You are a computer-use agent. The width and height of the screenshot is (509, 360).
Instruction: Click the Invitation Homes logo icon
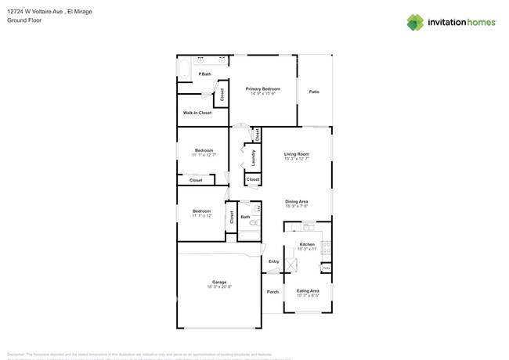[414, 23]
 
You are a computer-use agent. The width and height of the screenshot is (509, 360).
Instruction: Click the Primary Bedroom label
[262, 88]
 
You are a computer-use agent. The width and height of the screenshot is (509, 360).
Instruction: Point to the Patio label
[314, 92]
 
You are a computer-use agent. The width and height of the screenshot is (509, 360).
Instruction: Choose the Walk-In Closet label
[197, 113]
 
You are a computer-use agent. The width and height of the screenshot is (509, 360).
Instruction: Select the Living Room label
[296, 154]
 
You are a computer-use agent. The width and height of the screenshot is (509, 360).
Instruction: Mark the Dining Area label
[296, 201]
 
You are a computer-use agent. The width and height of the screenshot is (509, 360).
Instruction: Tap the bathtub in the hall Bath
[249, 234]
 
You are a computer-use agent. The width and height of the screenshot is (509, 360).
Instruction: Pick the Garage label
[219, 282]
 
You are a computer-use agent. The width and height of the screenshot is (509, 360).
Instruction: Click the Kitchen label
[307, 244]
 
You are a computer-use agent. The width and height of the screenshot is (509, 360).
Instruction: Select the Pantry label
[326, 268]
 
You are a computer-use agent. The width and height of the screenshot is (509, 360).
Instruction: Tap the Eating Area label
[307, 290]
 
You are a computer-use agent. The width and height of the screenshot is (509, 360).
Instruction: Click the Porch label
[273, 292]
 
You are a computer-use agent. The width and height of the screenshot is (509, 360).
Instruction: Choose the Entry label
[273, 261]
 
